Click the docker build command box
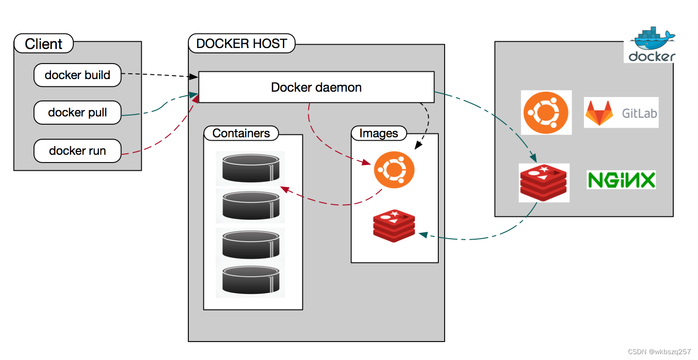point(77,75)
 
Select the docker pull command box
point(77,113)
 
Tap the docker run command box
point(77,150)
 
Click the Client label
point(44,44)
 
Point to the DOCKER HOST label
point(241,44)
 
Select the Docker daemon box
point(316,87)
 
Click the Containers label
point(241,133)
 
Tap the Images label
point(378,133)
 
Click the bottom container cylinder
point(249,280)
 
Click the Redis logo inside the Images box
point(394,226)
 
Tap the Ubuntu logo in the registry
point(546,113)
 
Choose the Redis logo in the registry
point(544,183)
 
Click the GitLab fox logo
point(599,113)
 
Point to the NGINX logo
point(621,180)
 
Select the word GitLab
point(639,114)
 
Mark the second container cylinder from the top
point(249,205)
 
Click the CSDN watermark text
point(659,352)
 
